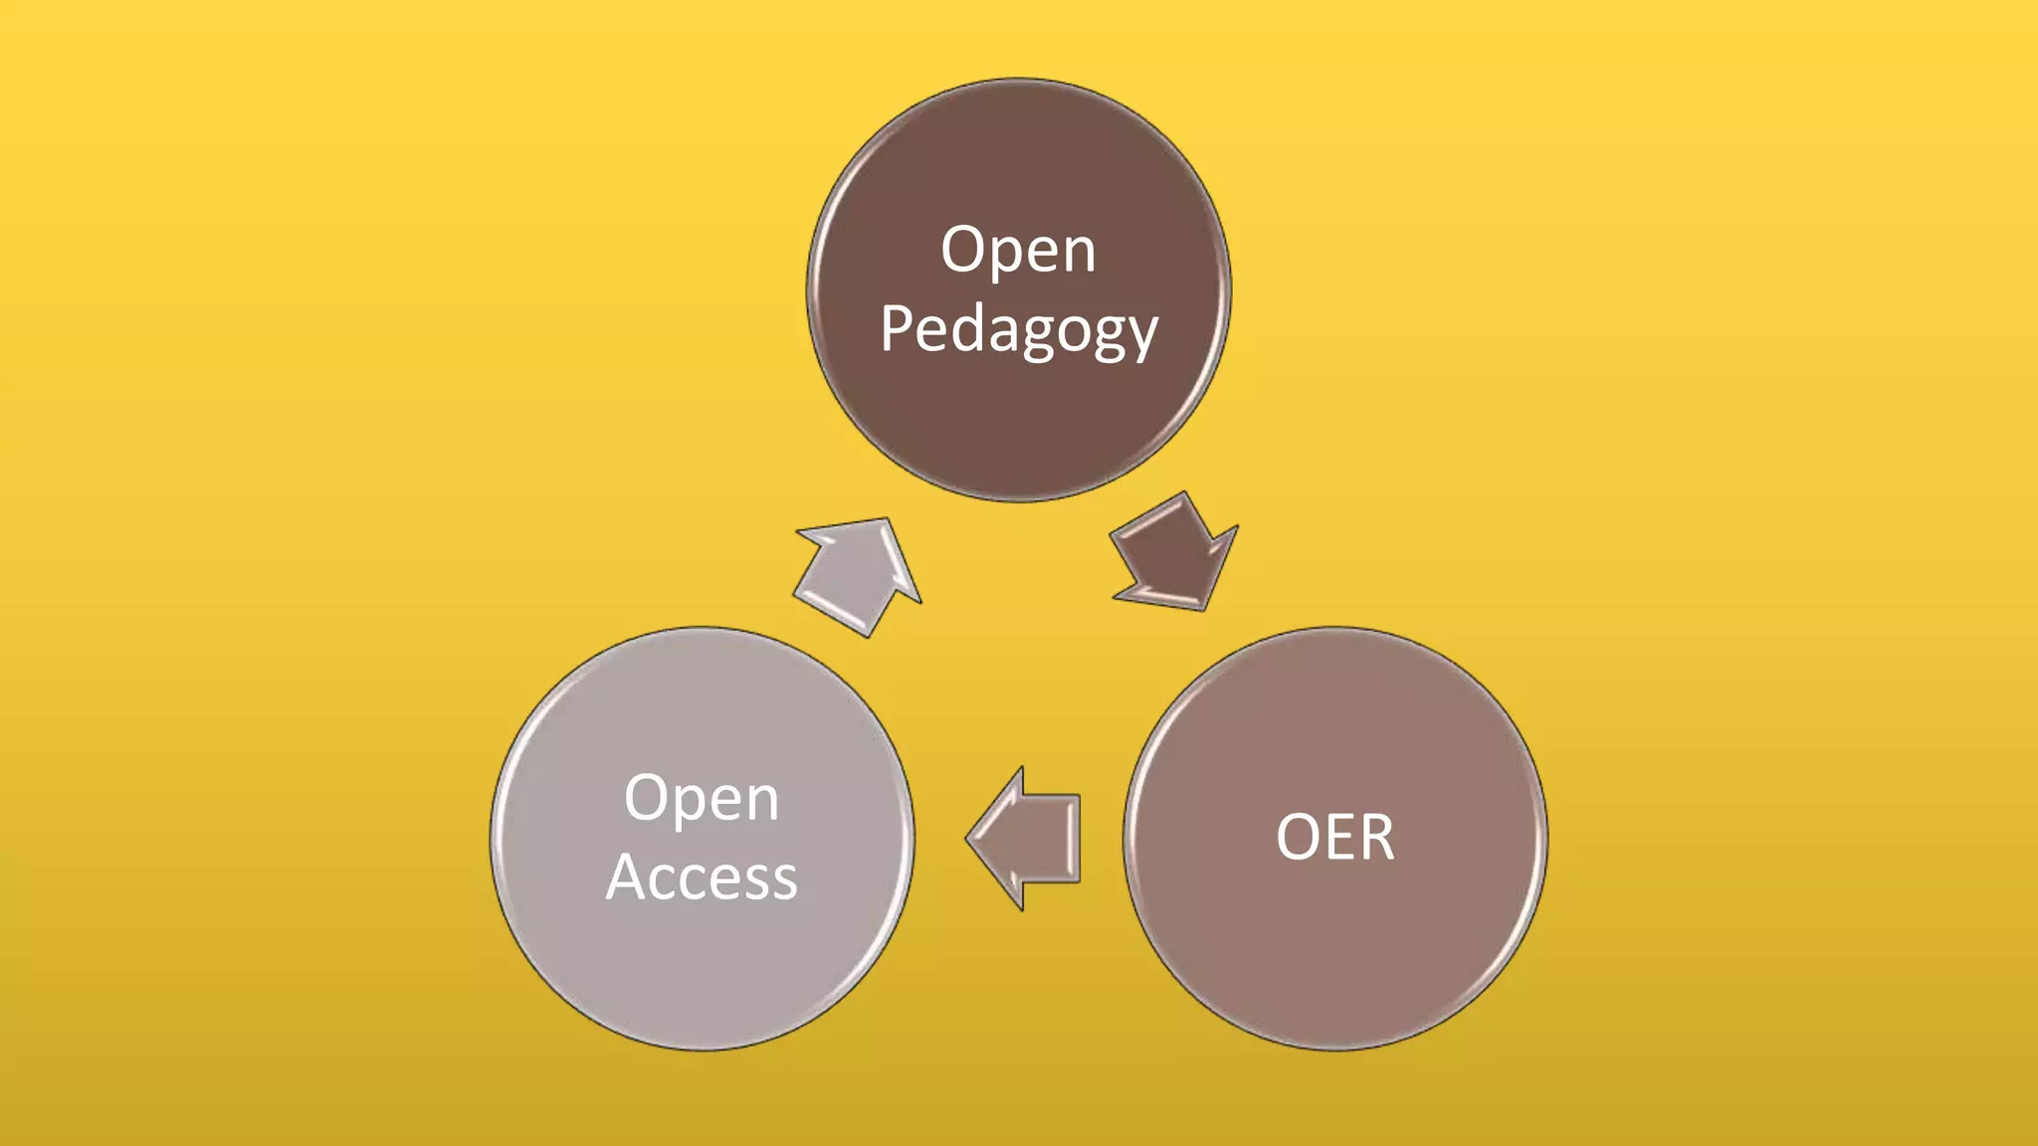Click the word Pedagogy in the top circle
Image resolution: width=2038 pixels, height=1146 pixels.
[1019, 330]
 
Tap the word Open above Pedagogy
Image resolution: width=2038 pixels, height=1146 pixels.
[1019, 250]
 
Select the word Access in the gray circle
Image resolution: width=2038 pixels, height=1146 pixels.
[703, 877]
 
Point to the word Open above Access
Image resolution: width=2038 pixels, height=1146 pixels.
[703, 798]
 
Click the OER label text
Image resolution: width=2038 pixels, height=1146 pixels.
[1335, 838]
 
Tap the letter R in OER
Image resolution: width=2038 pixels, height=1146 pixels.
[1377, 838]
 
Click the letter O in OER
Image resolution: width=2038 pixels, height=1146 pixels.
[1298, 838]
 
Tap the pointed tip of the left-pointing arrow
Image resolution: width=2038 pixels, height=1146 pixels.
[968, 839]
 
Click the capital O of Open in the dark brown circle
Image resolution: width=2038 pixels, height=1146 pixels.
[961, 250]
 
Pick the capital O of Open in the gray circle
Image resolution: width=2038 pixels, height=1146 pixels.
[645, 798]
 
